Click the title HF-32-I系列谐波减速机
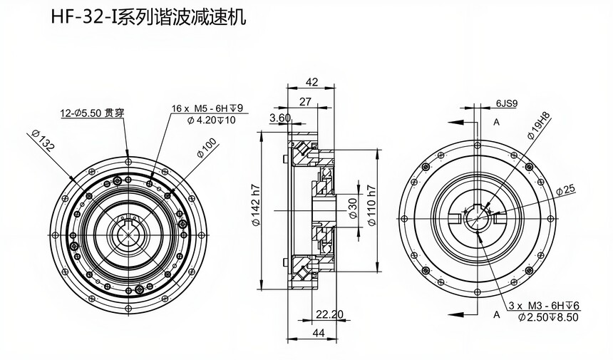[x=148, y=17]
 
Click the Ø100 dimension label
[x=206, y=153]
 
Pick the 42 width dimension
[x=311, y=81]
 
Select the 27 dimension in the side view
[x=305, y=101]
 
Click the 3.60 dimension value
[x=280, y=118]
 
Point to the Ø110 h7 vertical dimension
[x=371, y=206]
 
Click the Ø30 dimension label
[x=352, y=207]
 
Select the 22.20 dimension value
[x=329, y=314]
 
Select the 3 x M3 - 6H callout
[x=545, y=306]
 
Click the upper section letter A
[x=496, y=123]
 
